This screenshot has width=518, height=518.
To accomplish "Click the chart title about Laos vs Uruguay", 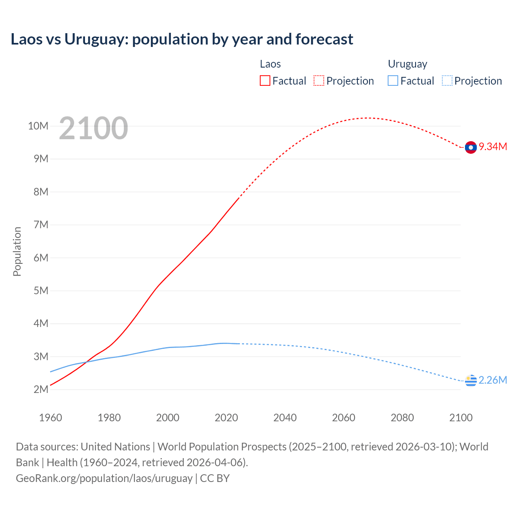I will tap(182, 39).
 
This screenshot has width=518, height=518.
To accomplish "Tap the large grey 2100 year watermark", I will tap(93, 128).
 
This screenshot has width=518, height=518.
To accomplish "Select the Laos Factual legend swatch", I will tap(265, 81).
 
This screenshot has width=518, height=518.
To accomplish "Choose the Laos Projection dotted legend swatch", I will tap(319, 81).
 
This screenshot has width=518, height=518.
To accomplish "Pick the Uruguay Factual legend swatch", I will tap(393, 81).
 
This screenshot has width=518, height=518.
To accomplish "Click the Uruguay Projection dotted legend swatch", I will tap(447, 81).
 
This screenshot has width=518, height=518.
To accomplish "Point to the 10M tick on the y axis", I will tap(38, 126).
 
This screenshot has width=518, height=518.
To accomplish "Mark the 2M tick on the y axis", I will tap(40, 389).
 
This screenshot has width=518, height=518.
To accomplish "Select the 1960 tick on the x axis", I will tap(51, 418).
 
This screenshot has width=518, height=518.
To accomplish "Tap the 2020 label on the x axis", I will tap(226, 418).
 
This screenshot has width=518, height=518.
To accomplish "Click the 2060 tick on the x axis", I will tap(344, 418).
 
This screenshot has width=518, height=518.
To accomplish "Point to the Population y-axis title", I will tap(17, 251).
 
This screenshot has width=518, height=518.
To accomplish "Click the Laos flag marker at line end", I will tap(471, 148).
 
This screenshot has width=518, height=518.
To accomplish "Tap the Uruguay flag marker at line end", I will tap(471, 380).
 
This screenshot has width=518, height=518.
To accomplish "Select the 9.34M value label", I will tap(493, 146).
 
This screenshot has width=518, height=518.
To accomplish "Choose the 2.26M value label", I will tap(493, 380).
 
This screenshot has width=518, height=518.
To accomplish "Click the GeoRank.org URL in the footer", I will tap(104, 478).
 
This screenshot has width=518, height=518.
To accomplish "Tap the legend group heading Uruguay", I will tap(408, 64).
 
